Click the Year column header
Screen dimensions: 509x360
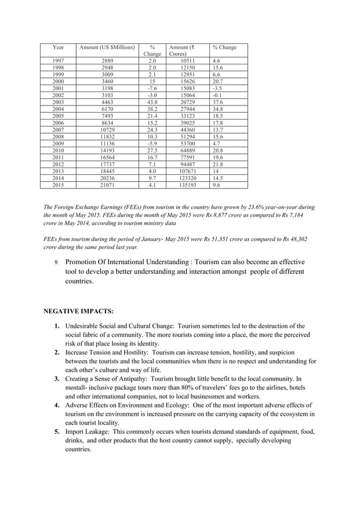(58, 47)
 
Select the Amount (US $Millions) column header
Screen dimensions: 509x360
(107, 47)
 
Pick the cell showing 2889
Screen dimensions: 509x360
(107, 60)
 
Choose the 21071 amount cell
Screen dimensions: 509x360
(107, 185)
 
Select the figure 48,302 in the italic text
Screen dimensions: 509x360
(296, 240)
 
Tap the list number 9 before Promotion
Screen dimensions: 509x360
(56, 262)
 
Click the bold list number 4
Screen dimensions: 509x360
(57, 405)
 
